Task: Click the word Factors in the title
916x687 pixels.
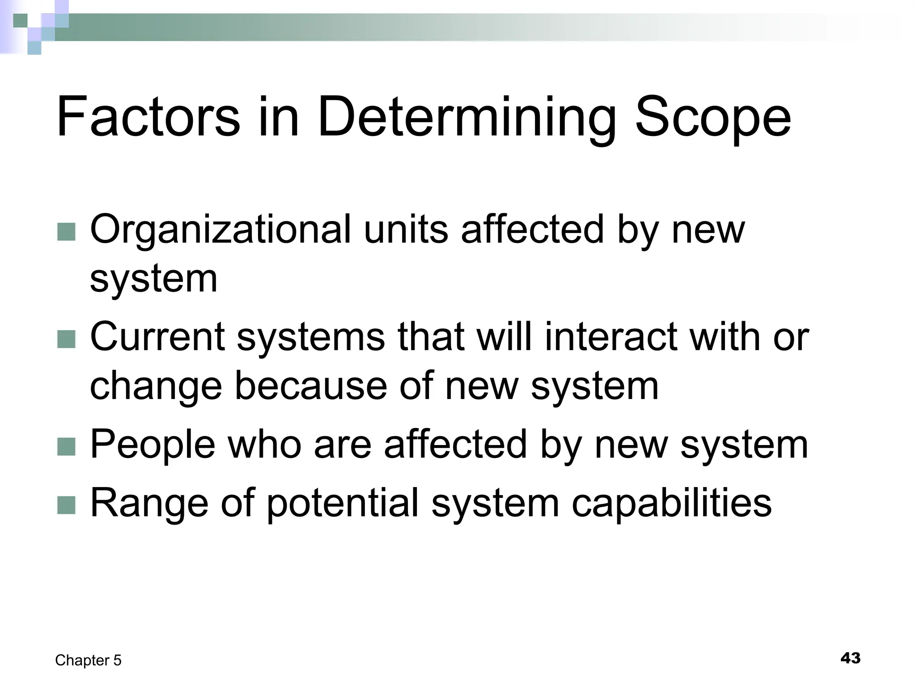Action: pyautogui.click(x=148, y=117)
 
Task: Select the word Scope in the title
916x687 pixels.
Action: pyautogui.click(x=713, y=117)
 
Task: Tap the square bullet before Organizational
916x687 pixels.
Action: pyautogui.click(x=67, y=232)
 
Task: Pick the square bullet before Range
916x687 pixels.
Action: pyautogui.click(x=67, y=505)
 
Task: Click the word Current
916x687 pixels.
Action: pyautogui.click(x=157, y=337)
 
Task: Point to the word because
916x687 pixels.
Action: pyautogui.click(x=311, y=386)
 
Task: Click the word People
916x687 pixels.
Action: pyautogui.click(x=153, y=444)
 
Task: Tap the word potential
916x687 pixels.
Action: pyautogui.click(x=343, y=503)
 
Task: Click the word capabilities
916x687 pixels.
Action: pyautogui.click(x=671, y=503)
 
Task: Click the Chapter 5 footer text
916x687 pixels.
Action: pyautogui.click(x=88, y=660)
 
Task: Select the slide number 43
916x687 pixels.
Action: pyautogui.click(x=850, y=658)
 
